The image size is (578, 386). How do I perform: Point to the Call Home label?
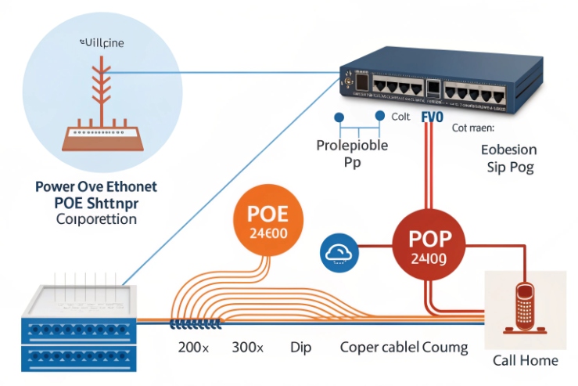tap(525, 360)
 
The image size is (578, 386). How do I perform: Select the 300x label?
tap(249, 347)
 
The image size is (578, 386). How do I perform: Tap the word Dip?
tap(301, 347)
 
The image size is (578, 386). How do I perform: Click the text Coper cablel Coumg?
tap(404, 347)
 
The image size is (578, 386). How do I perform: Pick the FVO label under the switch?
tap(432, 117)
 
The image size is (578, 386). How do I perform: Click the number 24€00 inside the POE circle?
tap(268, 234)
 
